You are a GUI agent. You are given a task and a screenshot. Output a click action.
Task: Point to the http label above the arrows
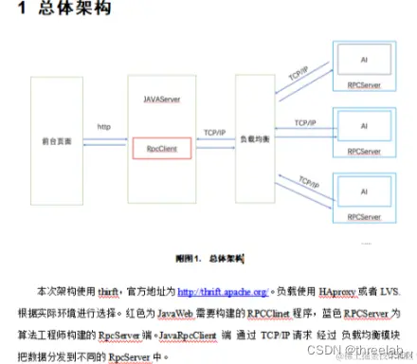pyautogui.click(x=105, y=127)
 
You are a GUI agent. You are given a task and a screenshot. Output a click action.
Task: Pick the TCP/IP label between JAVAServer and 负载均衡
pyautogui.click(x=215, y=133)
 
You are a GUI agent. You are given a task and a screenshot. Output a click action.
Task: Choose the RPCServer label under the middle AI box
pyautogui.click(x=363, y=150)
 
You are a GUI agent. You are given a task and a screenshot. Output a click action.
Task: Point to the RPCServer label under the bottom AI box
pyautogui.click(x=363, y=216)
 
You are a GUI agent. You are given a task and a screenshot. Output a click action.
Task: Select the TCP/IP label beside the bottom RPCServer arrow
pyautogui.click(x=306, y=181)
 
